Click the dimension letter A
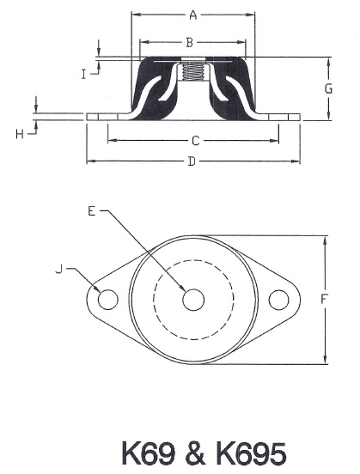tap(193, 15)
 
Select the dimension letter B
tap(191, 41)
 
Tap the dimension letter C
tap(195, 140)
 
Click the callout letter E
tap(93, 209)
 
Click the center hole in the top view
tap(193, 300)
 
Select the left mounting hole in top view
tap(107, 300)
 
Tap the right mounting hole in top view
tap(278, 300)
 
